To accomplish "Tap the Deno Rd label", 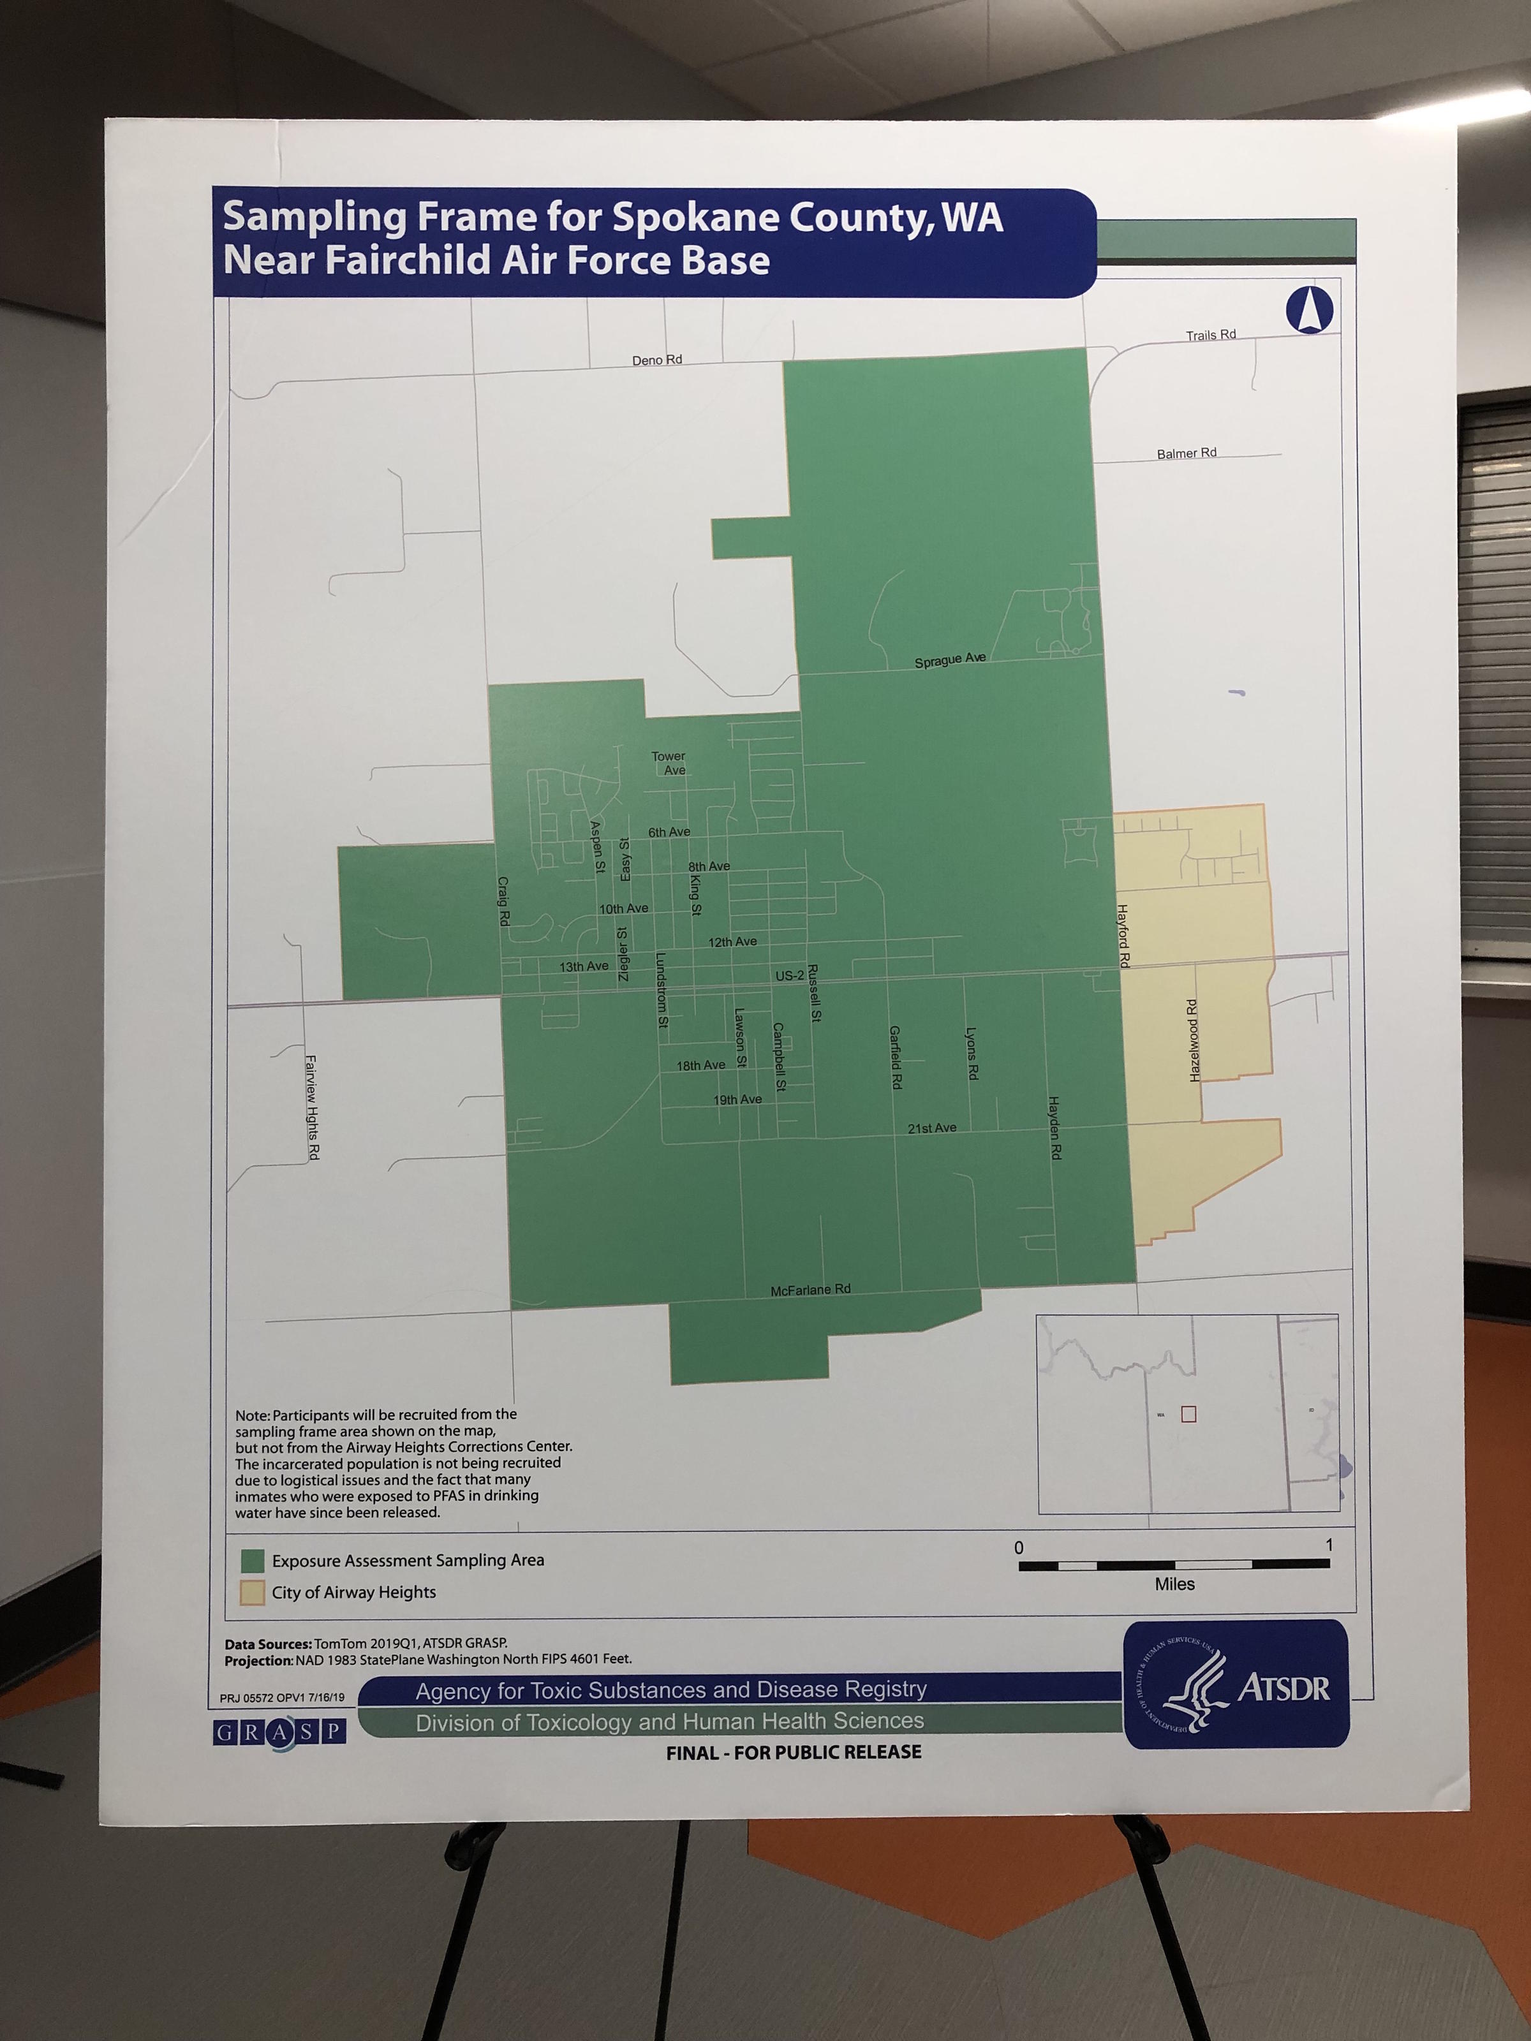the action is (x=657, y=360).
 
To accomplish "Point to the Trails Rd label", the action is (x=1211, y=335).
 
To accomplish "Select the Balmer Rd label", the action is (x=1186, y=453).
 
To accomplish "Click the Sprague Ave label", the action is (x=950, y=659).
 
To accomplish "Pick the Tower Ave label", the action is (x=669, y=763).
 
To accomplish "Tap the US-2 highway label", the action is (x=789, y=975).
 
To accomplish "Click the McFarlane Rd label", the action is (x=810, y=1289).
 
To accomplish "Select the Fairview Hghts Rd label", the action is (x=311, y=1107).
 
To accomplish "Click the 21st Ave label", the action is (x=932, y=1128).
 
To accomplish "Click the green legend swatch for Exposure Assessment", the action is (x=252, y=1560).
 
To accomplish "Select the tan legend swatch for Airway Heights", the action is (x=252, y=1593).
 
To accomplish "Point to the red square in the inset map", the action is (x=1188, y=1413).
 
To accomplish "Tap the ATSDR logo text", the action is (x=1283, y=1688).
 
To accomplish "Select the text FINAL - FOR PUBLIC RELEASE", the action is (x=794, y=1752).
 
